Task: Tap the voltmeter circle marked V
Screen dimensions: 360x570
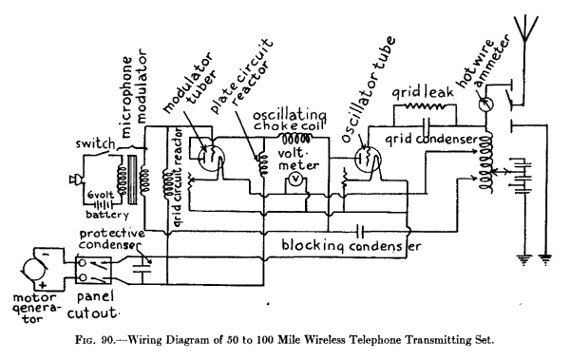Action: [296, 179]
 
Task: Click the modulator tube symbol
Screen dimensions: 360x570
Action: [202, 149]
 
